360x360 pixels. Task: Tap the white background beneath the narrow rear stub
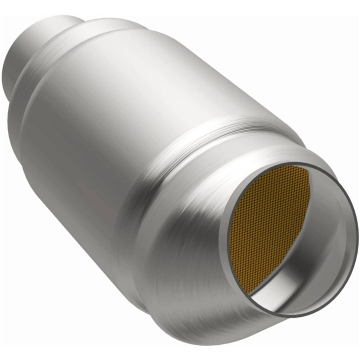pyautogui.click(x=30, y=150)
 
